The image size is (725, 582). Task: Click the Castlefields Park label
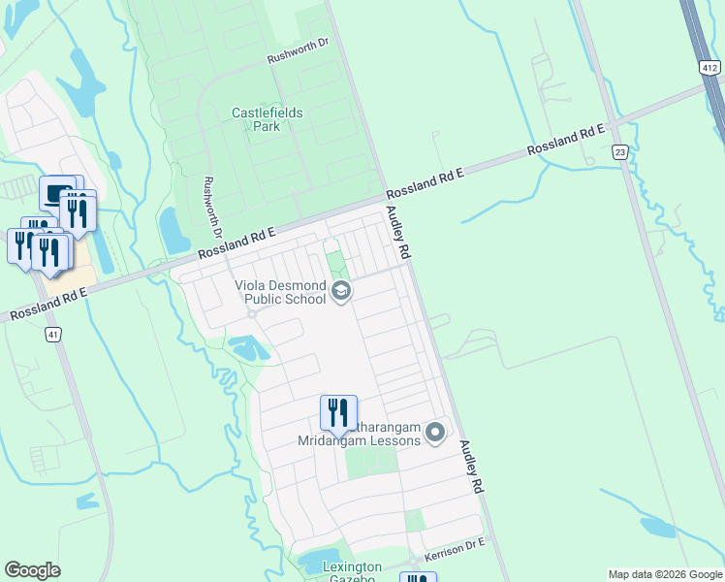tap(267, 119)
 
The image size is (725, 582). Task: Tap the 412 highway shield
tap(710, 67)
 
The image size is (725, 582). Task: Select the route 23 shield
tap(619, 151)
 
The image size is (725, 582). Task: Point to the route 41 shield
tap(52, 334)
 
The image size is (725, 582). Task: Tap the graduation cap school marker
tap(340, 290)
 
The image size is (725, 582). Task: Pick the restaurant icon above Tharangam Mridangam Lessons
tap(338, 412)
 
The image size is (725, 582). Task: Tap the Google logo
tap(32, 570)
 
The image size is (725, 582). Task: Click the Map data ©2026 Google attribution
tap(665, 574)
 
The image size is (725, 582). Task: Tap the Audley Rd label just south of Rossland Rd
tap(398, 231)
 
